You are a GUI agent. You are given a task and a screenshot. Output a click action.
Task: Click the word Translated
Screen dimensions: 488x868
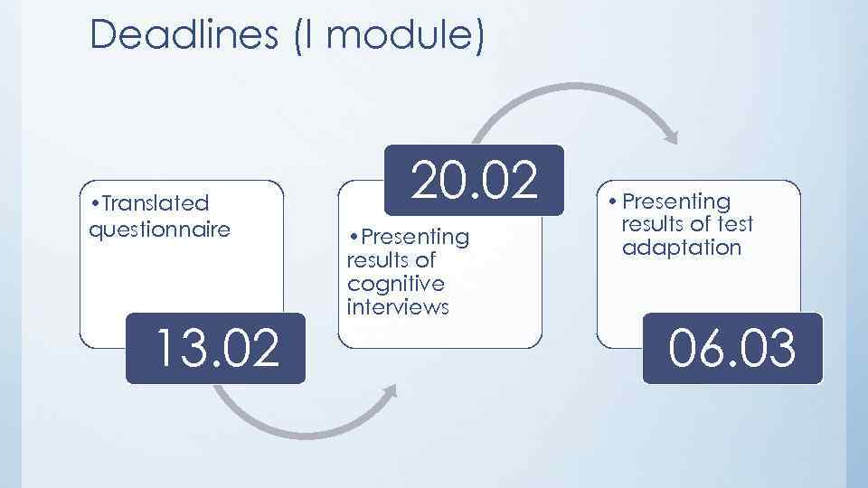(x=155, y=203)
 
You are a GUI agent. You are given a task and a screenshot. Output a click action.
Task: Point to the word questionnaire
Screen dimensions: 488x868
(x=160, y=229)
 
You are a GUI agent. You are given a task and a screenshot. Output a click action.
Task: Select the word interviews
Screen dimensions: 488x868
(x=398, y=306)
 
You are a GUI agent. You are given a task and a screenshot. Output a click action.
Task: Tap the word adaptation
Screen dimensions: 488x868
(x=682, y=248)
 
